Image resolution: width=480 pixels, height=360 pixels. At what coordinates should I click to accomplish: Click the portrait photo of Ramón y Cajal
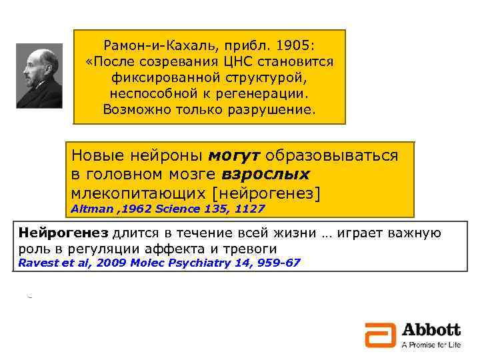pyautogui.click(x=39, y=75)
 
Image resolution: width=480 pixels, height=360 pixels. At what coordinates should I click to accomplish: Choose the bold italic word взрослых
pyautogui.click(x=266, y=175)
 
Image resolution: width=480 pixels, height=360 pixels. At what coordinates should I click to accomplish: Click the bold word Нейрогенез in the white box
pyautogui.click(x=63, y=233)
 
